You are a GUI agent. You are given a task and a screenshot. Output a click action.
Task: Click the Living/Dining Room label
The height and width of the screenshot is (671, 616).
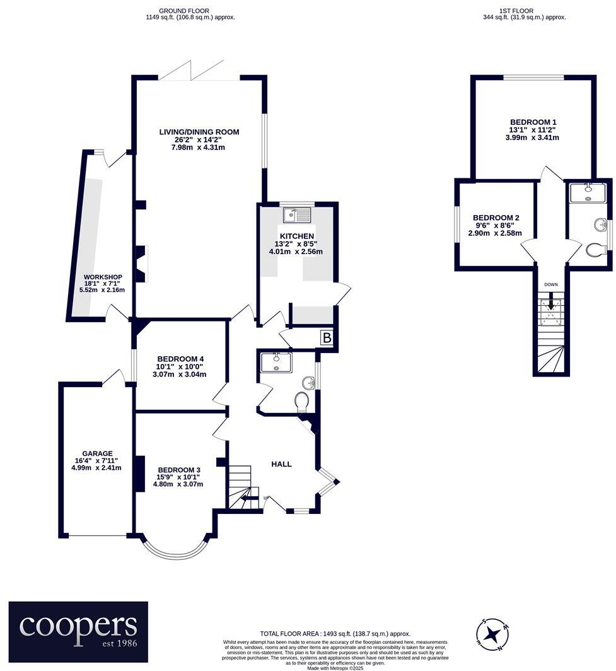pos(199,132)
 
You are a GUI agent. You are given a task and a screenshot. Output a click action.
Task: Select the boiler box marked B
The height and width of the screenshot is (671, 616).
pos(327,339)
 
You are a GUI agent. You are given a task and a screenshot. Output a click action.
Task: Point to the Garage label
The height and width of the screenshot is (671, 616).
pos(97,453)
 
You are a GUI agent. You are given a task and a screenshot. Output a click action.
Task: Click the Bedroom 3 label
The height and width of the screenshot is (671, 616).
pos(179,470)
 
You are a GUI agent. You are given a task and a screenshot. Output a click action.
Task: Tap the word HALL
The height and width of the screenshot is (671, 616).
pos(281,464)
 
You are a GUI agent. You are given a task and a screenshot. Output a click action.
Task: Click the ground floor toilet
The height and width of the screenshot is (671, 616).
pos(302,401)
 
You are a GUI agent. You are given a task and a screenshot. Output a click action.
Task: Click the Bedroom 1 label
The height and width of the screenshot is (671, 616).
pos(533,122)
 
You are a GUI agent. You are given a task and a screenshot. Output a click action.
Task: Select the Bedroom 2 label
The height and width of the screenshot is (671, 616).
pos(496,218)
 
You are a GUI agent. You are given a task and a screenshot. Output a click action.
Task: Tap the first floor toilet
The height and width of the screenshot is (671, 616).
pos(594,250)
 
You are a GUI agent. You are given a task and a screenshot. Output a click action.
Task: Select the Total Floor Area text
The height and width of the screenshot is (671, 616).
pos(335,633)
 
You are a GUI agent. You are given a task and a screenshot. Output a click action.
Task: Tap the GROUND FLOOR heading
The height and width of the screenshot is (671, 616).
pos(184,11)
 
